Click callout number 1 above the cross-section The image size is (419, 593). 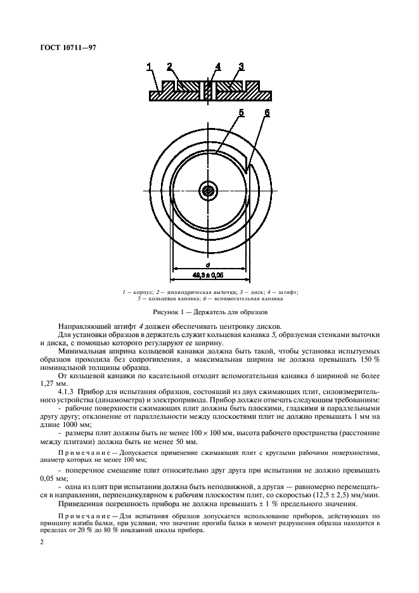coord(150,67)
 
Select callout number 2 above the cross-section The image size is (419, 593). coord(169,67)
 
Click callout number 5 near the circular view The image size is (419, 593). coord(241,113)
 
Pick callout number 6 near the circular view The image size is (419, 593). coord(267,113)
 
